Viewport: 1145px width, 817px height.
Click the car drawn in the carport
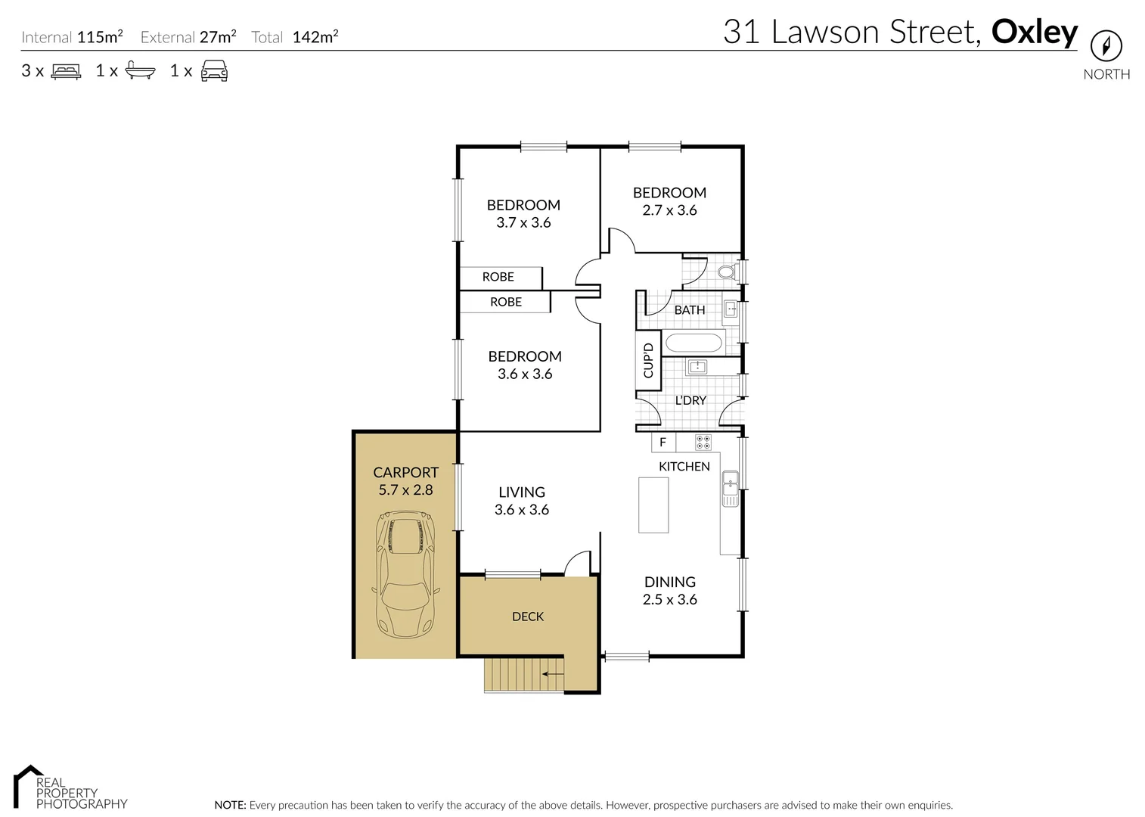coord(406,574)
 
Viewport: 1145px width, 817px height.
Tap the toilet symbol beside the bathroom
coord(728,272)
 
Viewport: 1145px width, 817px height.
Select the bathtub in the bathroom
coord(694,343)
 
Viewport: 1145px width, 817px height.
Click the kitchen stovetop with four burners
coord(703,443)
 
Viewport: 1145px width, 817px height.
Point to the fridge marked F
coord(663,443)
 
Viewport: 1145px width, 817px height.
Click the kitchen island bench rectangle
coord(653,505)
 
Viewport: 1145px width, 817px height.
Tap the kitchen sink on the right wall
coord(730,489)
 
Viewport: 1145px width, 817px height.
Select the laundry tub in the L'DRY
coord(697,368)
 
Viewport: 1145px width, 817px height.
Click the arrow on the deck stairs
coord(553,673)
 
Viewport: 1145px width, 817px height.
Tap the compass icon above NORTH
coord(1106,47)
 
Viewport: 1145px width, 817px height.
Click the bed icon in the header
coord(66,71)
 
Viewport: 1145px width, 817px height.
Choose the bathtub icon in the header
coord(140,71)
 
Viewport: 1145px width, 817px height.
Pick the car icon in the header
coord(214,71)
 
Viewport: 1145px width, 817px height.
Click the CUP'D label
coord(648,360)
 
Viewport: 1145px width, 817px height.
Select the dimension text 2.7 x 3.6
coord(669,210)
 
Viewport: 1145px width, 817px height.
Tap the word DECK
coord(528,617)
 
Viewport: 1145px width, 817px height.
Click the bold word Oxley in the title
coord(1034,32)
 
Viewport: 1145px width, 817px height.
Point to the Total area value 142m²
coord(315,37)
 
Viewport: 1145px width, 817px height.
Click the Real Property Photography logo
coord(70,788)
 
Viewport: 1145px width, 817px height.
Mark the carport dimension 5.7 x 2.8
coord(405,490)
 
